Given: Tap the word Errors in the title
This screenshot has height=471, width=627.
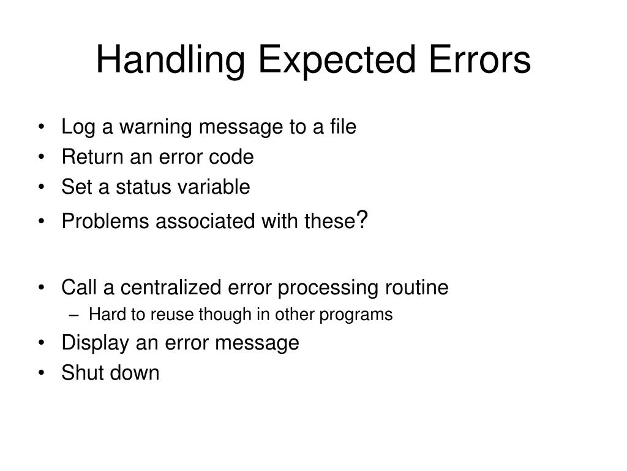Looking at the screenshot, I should tap(474, 61).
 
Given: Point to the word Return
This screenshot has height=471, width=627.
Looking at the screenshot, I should tap(92, 157).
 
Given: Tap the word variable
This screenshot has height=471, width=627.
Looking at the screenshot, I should tap(214, 187).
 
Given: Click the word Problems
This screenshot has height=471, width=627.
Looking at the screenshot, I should tap(106, 221).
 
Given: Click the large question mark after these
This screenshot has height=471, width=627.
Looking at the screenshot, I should tap(362, 219).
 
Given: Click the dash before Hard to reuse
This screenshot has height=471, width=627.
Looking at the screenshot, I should tap(73, 315).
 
